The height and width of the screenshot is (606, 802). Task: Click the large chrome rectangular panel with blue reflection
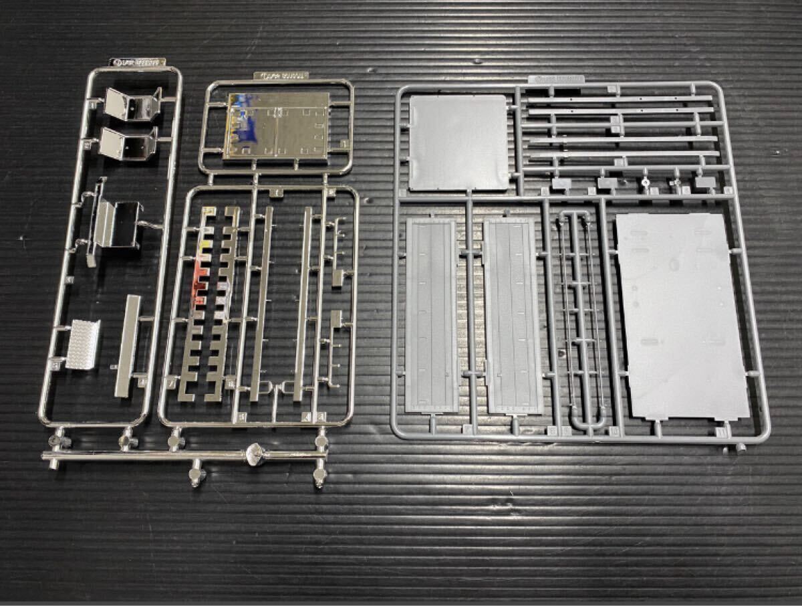(278, 126)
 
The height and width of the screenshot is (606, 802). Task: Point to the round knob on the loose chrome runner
(255, 454)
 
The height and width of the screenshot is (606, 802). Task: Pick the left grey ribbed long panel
(431, 314)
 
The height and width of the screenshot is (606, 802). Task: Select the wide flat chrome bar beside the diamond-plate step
(128, 344)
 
